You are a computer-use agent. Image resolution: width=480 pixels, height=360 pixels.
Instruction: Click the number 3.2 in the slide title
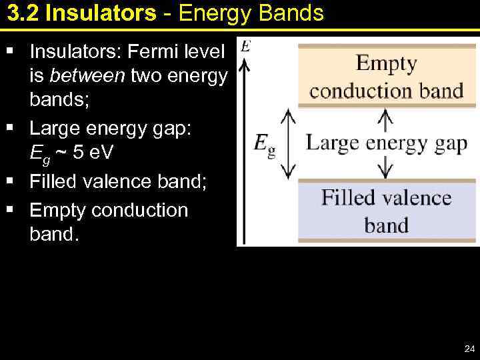(23, 13)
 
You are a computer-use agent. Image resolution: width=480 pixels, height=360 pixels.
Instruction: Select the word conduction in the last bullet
(139, 210)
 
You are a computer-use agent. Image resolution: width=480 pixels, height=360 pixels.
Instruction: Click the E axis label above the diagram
(245, 46)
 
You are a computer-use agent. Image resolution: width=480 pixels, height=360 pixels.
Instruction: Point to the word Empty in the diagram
(386, 65)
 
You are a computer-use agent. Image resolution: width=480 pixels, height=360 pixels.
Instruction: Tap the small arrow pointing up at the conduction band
(385, 121)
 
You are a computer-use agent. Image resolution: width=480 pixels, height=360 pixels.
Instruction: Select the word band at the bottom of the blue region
(386, 225)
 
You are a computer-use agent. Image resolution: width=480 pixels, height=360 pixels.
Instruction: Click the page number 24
(468, 349)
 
